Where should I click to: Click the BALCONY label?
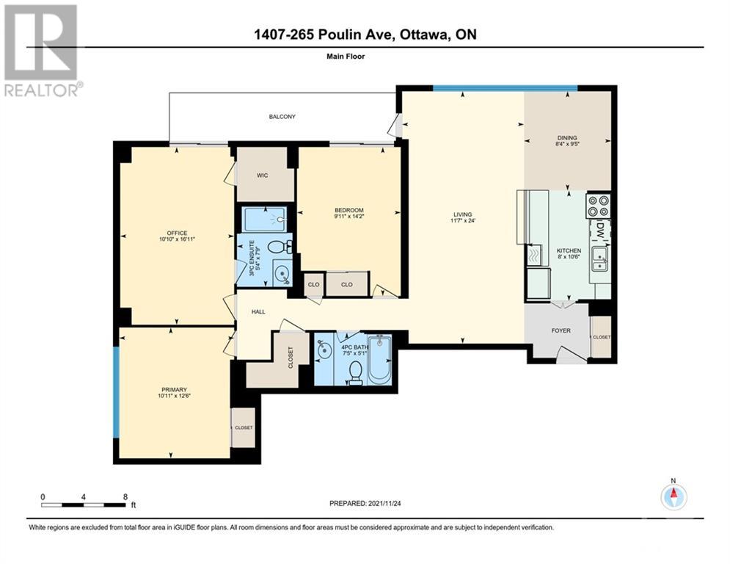click(282, 117)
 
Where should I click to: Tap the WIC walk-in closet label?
click(262, 176)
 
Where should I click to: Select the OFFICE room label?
click(177, 233)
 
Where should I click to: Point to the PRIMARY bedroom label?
click(174, 390)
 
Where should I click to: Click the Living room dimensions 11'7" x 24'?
click(463, 221)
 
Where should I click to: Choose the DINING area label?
click(567, 138)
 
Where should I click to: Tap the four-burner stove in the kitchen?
click(598, 206)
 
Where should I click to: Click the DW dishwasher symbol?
click(600, 231)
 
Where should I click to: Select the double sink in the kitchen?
click(599, 259)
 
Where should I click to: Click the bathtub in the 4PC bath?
click(380, 359)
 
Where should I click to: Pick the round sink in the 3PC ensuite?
click(281, 274)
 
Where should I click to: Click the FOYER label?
click(561, 330)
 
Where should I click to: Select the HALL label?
click(258, 312)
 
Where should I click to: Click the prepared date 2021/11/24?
click(384, 503)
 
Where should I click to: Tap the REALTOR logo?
click(43, 51)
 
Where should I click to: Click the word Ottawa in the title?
click(422, 35)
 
